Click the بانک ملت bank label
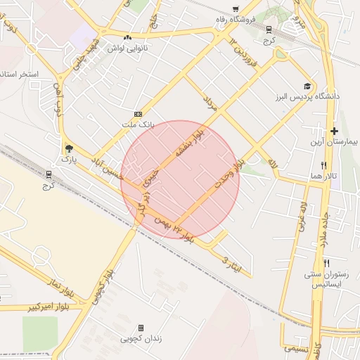click(x=137, y=124)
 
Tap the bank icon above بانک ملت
click(x=138, y=113)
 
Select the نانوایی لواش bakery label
click(x=127, y=49)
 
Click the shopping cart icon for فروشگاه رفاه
click(x=269, y=30)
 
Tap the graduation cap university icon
click(x=307, y=86)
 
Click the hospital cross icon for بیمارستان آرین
click(x=334, y=131)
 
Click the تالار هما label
click(x=324, y=175)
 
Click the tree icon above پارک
click(x=69, y=148)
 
